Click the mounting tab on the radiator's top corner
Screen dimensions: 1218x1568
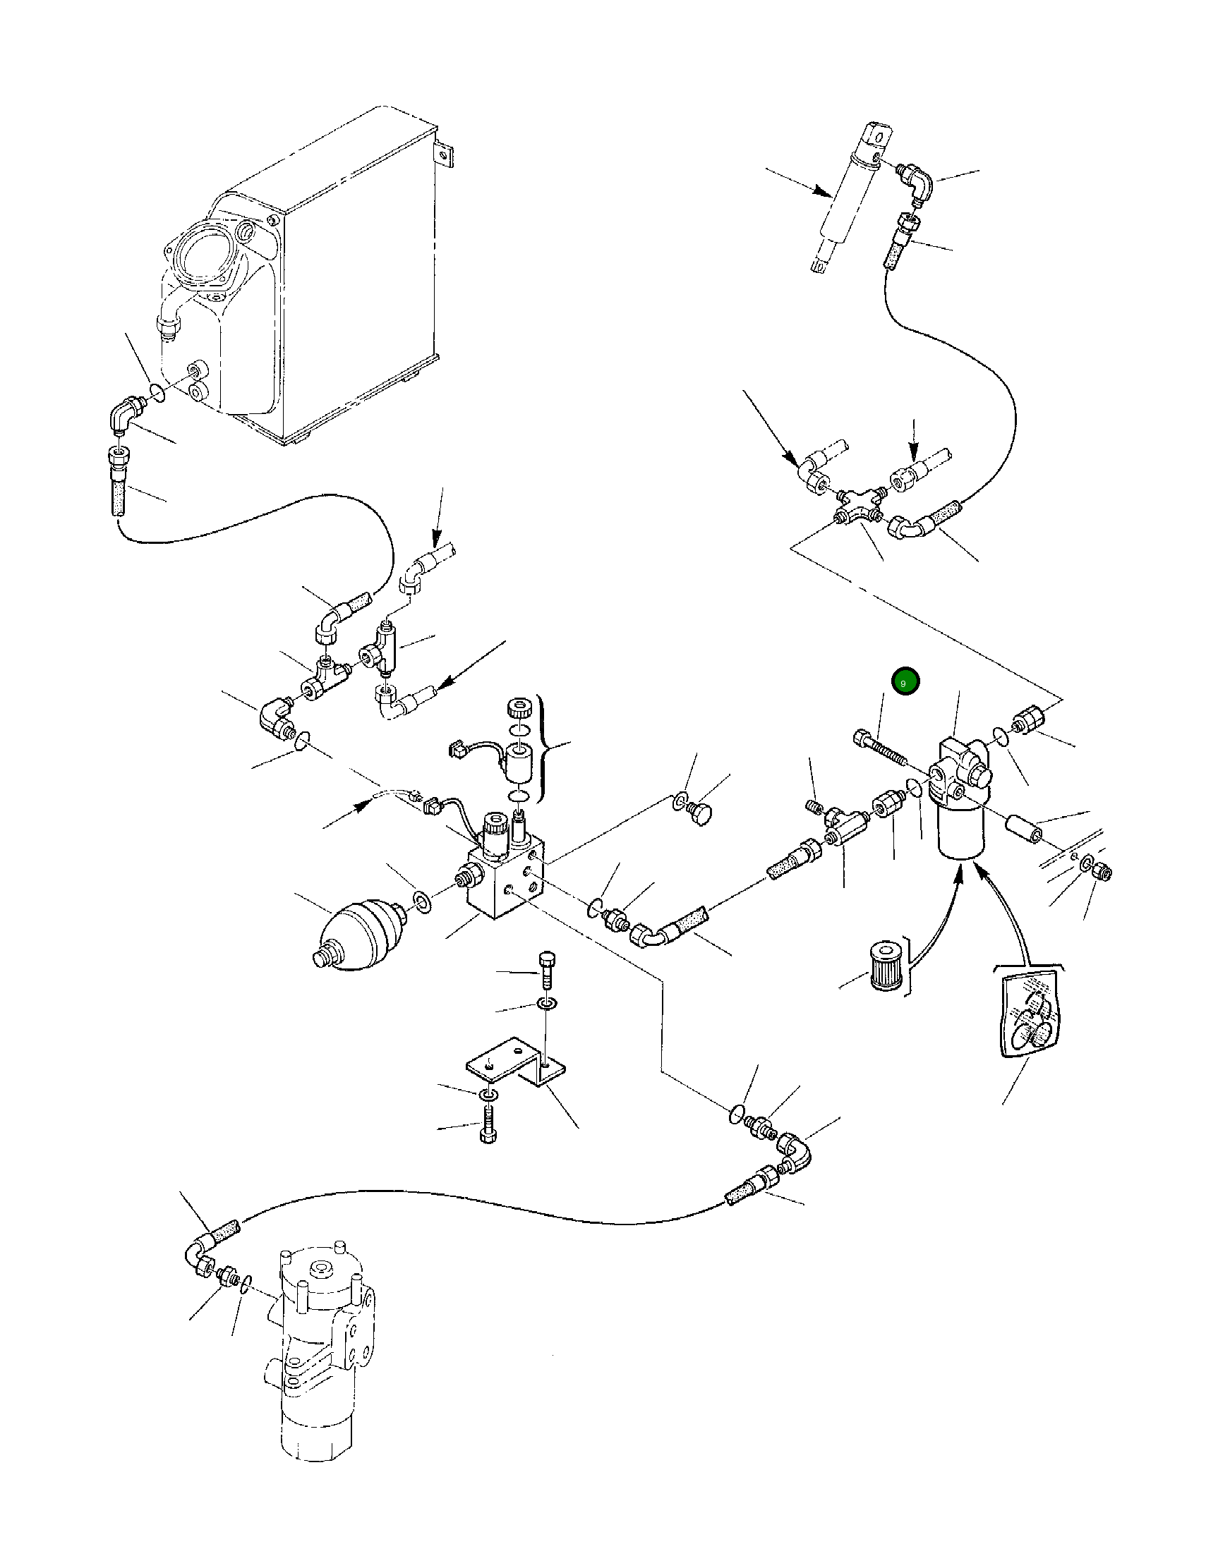(445, 154)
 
